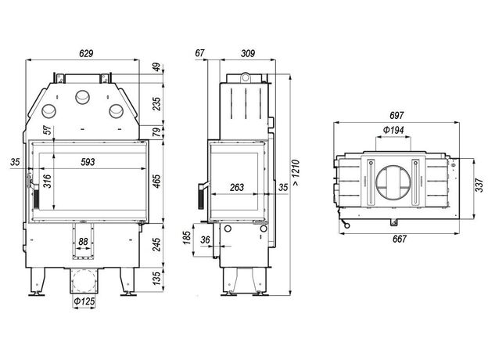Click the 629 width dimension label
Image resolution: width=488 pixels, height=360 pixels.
click(x=86, y=53)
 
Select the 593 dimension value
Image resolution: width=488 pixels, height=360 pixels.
click(x=88, y=162)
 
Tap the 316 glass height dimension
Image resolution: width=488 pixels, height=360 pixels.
click(x=47, y=182)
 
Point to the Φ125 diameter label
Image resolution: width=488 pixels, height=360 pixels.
click(x=84, y=301)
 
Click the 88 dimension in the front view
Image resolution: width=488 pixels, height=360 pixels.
click(x=83, y=242)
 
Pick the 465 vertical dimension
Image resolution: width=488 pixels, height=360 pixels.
click(x=157, y=181)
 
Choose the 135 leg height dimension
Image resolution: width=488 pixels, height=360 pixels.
click(x=157, y=278)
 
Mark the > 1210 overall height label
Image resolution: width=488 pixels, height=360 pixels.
click(x=296, y=173)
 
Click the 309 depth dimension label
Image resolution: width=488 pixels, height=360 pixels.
click(x=248, y=53)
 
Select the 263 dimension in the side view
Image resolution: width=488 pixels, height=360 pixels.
click(x=237, y=188)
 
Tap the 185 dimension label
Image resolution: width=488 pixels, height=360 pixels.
click(x=187, y=238)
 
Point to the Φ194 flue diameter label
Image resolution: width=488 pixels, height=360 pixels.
click(x=393, y=130)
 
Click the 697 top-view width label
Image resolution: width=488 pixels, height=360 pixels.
click(x=396, y=116)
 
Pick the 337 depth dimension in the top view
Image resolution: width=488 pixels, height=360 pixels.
click(x=480, y=185)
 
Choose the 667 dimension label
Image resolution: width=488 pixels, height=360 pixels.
click(x=400, y=239)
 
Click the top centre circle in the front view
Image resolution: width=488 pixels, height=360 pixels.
click(x=82, y=98)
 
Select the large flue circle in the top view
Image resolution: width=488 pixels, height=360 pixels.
click(x=393, y=183)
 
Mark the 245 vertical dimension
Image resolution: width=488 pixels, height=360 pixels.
click(x=157, y=244)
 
